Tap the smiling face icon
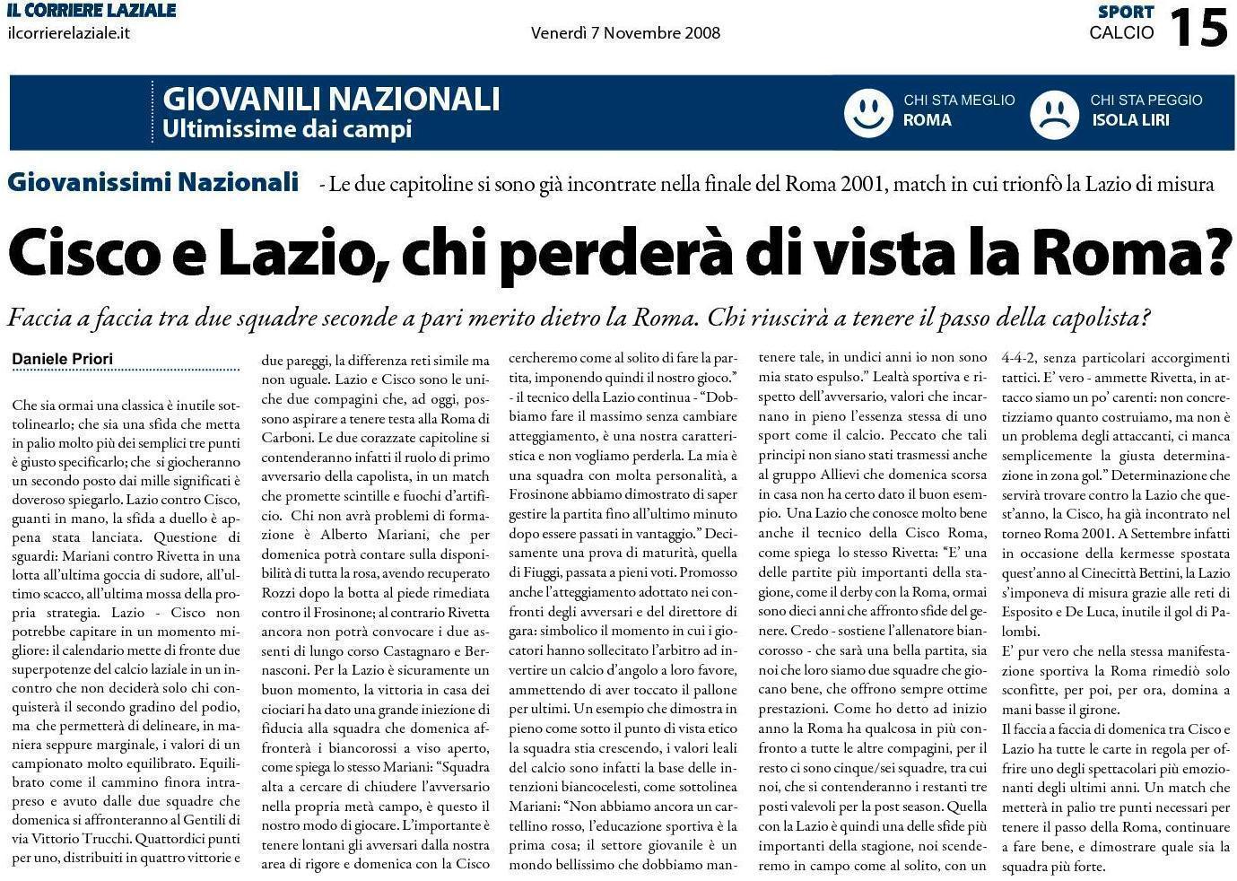[867, 112]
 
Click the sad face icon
[1054, 113]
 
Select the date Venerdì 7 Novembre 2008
[625, 33]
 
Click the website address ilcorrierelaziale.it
[68, 32]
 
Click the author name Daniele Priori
[63, 359]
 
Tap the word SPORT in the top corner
[1125, 12]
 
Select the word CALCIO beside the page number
[1121, 33]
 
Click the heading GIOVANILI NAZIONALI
[331, 98]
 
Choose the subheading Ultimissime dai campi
[286, 128]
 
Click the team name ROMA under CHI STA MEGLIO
[927, 120]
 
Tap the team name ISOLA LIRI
[1130, 120]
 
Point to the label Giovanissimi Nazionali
[153, 182]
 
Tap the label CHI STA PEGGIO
[1146, 100]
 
